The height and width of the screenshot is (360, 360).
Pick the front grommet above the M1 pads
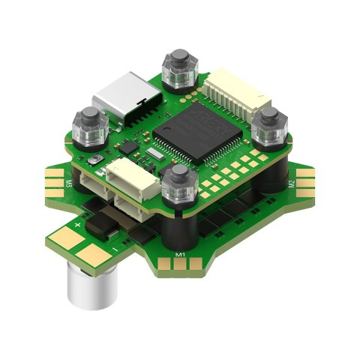[x=178, y=184]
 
